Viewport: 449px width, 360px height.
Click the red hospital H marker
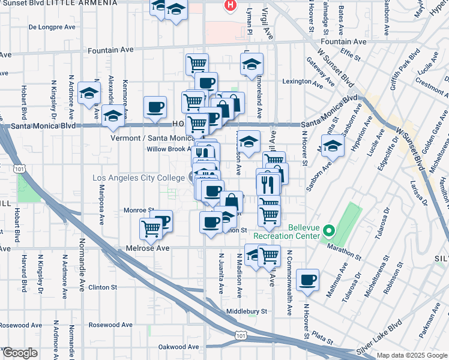pos(229,5)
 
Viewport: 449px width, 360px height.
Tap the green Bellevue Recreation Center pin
pos(328,230)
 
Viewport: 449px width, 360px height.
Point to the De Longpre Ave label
pos(52,27)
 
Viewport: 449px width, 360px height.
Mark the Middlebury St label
pos(246,311)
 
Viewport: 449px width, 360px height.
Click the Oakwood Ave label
pos(178,347)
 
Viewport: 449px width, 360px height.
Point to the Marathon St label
pos(341,246)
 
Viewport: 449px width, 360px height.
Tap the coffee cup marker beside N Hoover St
pos(308,280)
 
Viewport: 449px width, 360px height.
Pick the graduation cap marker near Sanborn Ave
pos(333,145)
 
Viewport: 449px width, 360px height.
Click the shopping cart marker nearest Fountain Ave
pos(197,63)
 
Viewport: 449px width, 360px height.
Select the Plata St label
pos(323,337)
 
